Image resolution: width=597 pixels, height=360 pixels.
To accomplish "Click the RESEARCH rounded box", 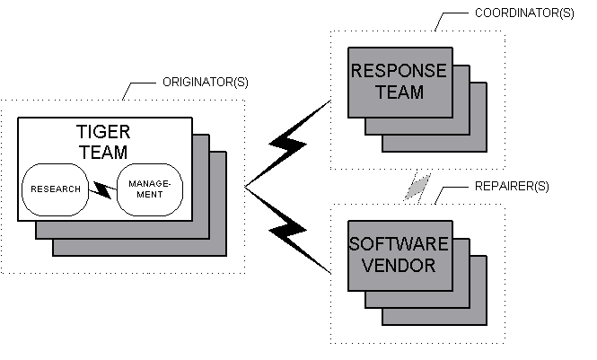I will (x=57, y=189).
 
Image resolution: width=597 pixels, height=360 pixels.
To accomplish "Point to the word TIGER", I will (x=104, y=133).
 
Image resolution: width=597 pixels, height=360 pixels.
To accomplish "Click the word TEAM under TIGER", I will (x=104, y=153).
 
